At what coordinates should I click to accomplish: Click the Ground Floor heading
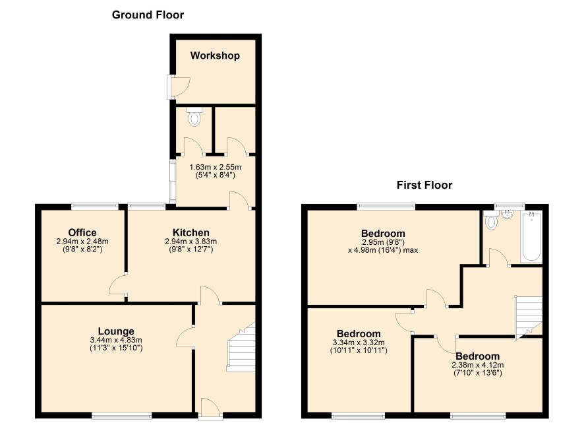pyautogui.click(x=148, y=15)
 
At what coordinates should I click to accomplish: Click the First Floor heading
pyautogui.click(x=424, y=185)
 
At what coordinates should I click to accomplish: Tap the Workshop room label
pyautogui.click(x=215, y=55)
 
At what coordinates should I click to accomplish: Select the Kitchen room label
pyautogui.click(x=190, y=232)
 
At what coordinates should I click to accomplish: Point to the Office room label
pyautogui.click(x=82, y=232)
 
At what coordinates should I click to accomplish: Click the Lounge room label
pyautogui.click(x=116, y=331)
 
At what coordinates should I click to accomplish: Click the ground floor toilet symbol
pyautogui.click(x=194, y=117)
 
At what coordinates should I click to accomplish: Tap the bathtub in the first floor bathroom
pyautogui.click(x=531, y=236)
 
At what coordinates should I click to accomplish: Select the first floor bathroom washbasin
pyautogui.click(x=508, y=214)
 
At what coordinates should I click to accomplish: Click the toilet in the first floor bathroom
pyautogui.click(x=491, y=220)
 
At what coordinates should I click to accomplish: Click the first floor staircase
pyautogui.click(x=529, y=317)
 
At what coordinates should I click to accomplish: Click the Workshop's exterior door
pyautogui.click(x=178, y=87)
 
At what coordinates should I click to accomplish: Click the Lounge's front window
pyautogui.click(x=122, y=415)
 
